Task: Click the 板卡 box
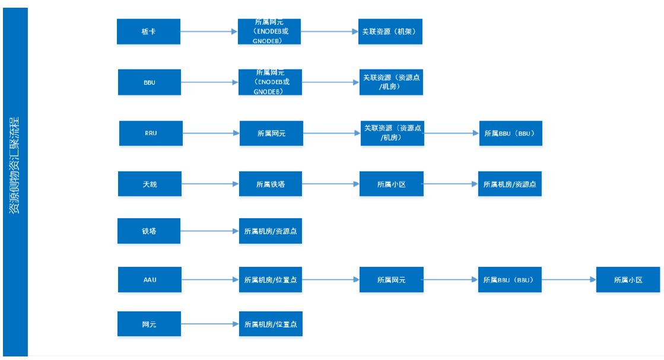[149, 31]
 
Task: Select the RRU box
[151, 133]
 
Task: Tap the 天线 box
[150, 184]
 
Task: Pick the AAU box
[150, 279]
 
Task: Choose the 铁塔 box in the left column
[150, 231]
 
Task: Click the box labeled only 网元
[150, 324]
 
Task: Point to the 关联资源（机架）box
[390, 31]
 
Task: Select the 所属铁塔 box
[271, 184]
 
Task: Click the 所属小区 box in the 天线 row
[391, 184]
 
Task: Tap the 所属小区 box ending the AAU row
[628, 279]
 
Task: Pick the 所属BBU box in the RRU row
[510, 133]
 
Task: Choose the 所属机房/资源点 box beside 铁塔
[271, 231]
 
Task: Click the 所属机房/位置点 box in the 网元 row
[271, 324]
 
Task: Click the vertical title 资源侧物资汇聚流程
[15, 166]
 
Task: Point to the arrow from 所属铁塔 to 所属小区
[331, 184]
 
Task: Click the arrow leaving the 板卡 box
[209, 31]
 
